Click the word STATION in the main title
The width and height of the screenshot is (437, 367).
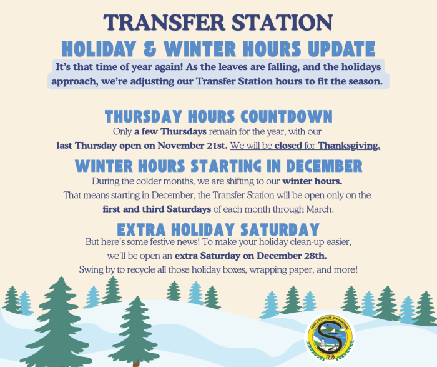pyautogui.click(x=282, y=22)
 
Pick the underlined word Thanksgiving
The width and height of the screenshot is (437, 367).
pyautogui.click(x=350, y=146)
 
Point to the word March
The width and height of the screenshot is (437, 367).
pyautogui.click(x=319, y=209)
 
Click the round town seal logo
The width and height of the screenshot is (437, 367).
pyautogui.click(x=330, y=338)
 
